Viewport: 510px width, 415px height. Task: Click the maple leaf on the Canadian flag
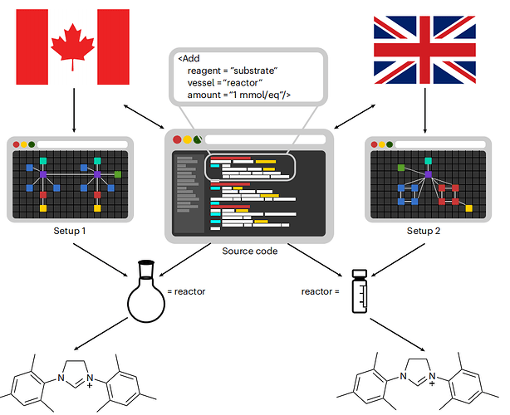[x=72, y=46]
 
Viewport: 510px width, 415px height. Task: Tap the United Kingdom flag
[x=424, y=50]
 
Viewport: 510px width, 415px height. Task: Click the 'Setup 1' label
[x=70, y=231]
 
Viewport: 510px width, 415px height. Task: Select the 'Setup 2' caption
[x=424, y=231]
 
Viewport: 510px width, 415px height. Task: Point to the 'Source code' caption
[x=250, y=251]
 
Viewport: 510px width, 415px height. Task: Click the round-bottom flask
[x=146, y=290]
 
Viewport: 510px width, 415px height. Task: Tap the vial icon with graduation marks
[x=360, y=291]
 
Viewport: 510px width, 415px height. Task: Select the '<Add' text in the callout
[x=189, y=58]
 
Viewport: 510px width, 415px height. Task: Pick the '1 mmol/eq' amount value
[x=256, y=95]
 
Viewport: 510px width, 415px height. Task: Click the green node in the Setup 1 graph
[x=118, y=174]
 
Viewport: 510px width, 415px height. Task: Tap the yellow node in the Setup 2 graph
[x=468, y=208]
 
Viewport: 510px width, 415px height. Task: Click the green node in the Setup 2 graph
[x=401, y=168]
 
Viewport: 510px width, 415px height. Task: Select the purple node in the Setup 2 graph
[x=428, y=174]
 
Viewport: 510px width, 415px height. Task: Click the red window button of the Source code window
[x=177, y=139]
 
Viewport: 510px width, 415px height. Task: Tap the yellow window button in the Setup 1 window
[x=24, y=144]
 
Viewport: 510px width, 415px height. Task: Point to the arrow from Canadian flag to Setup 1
[x=74, y=110]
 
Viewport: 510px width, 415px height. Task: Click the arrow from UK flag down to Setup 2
[x=424, y=110]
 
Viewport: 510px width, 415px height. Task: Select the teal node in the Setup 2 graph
[x=428, y=161]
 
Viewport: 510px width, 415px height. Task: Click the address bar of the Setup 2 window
[x=440, y=144]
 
